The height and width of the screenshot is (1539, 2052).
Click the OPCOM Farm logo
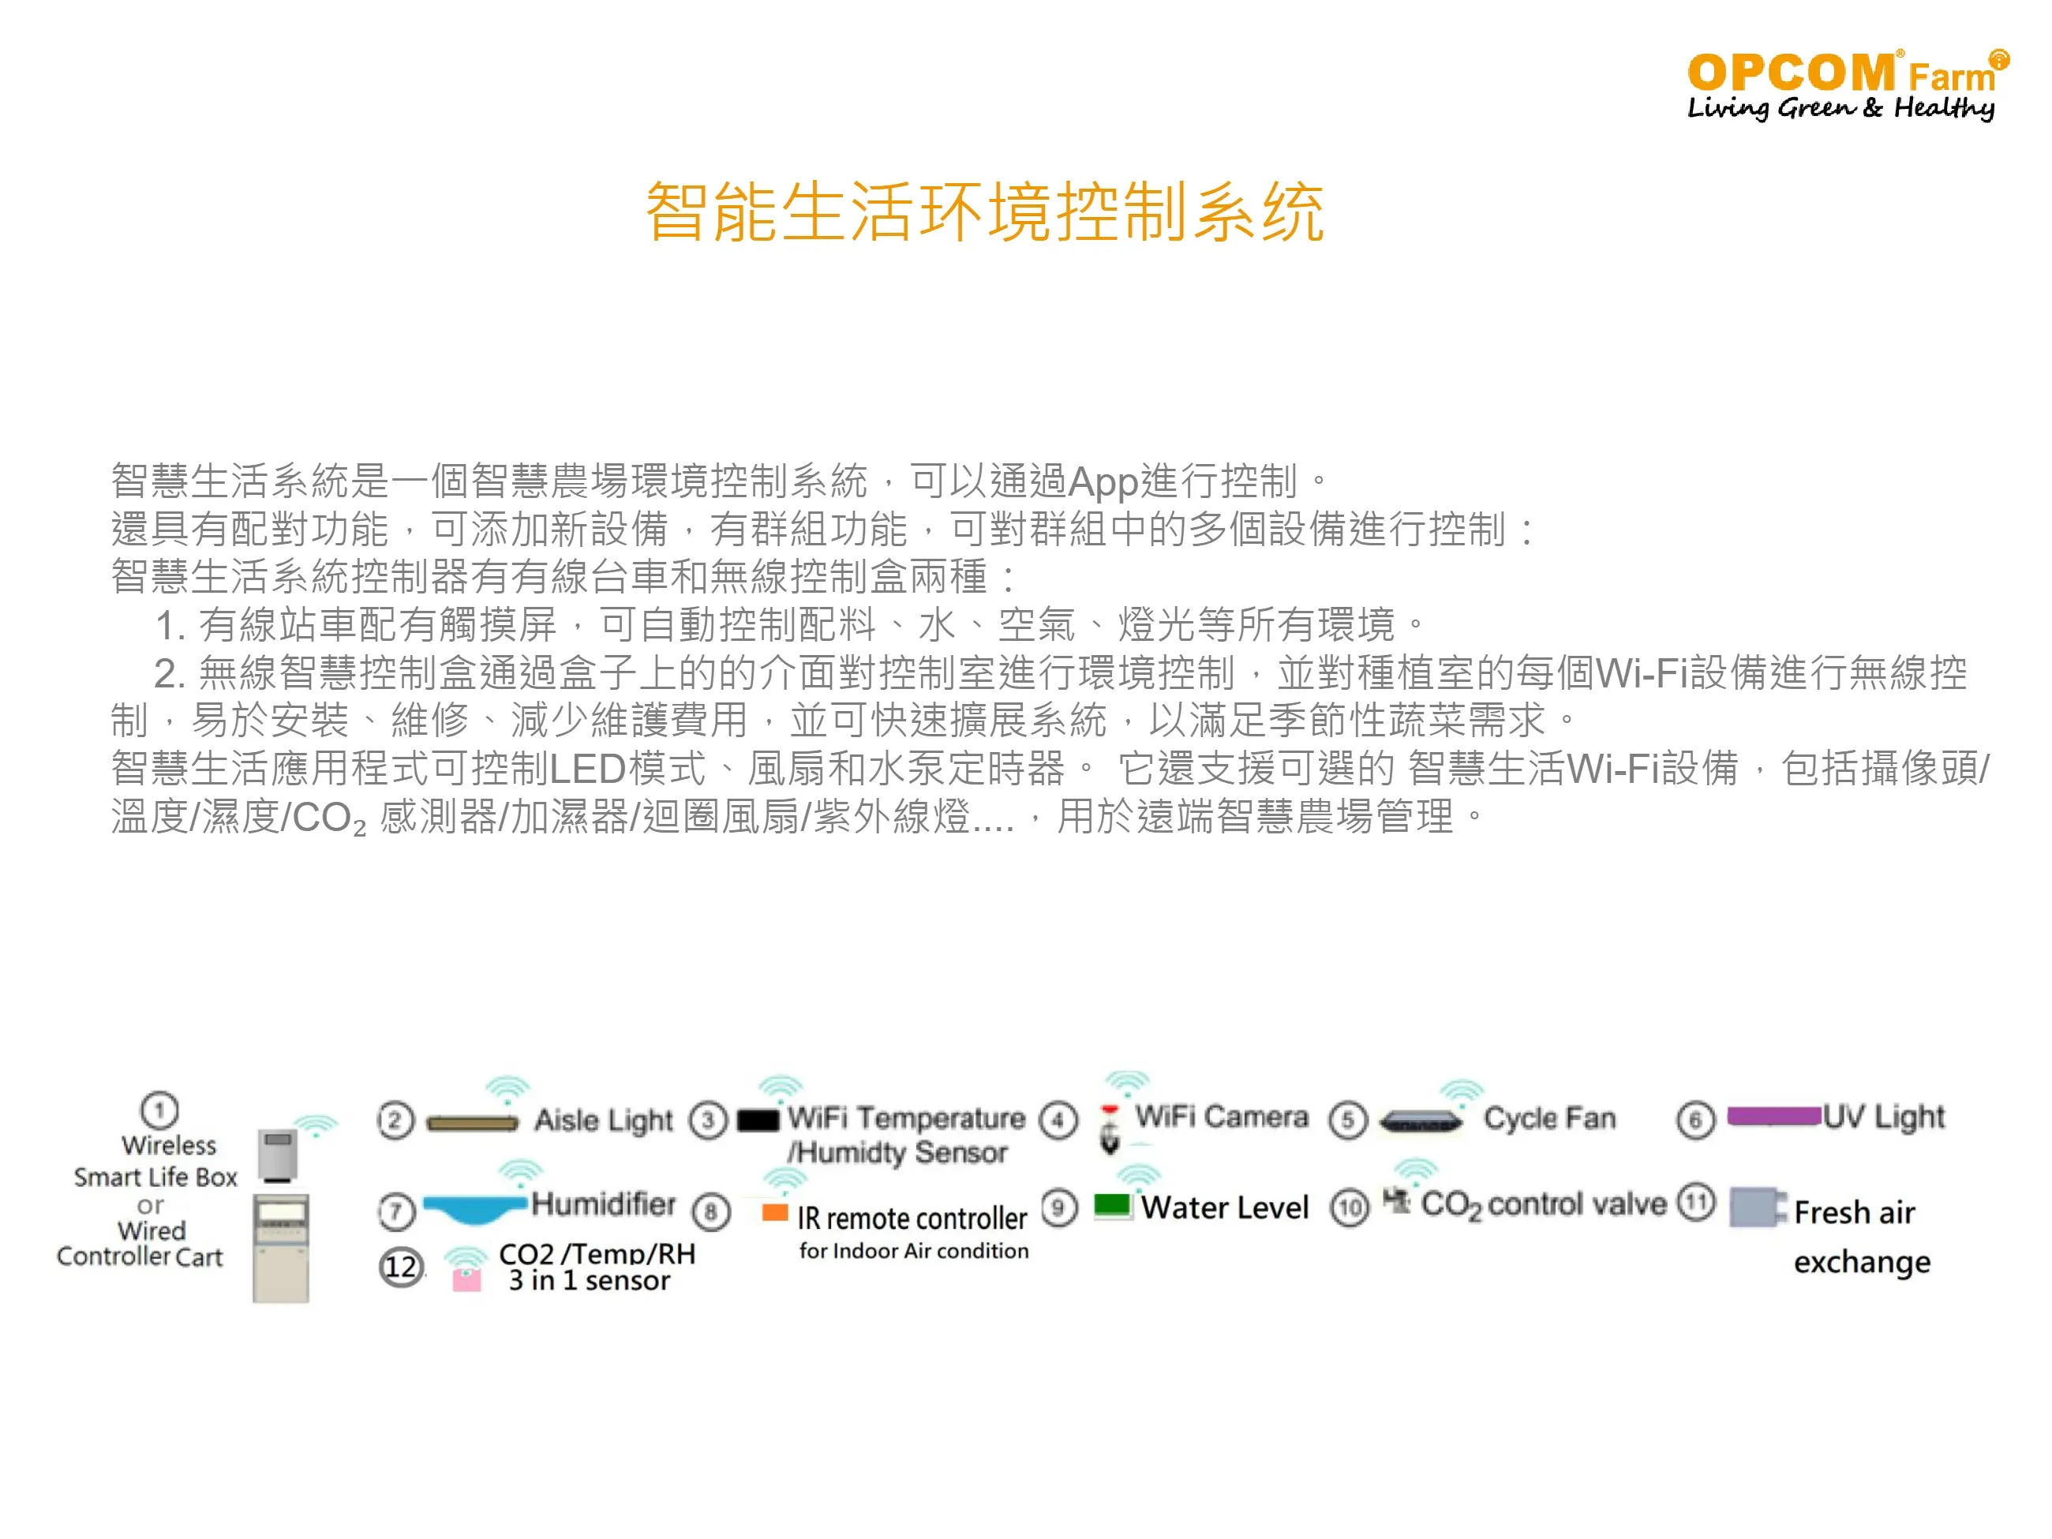tap(1847, 84)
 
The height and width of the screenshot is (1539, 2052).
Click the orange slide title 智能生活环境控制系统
tap(985, 212)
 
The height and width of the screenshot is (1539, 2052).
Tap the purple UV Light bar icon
tap(1773, 1115)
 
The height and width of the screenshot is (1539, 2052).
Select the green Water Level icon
tap(1112, 1205)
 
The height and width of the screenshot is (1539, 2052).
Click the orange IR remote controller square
tap(774, 1211)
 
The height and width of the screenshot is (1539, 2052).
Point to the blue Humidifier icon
tap(475, 1208)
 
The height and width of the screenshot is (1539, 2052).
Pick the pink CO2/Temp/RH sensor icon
tap(466, 1280)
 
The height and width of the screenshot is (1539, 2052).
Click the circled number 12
tap(401, 1268)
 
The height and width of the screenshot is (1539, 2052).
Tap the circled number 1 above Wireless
tap(159, 1110)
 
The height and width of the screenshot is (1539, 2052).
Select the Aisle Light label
tap(603, 1121)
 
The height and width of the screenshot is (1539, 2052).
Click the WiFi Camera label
tap(1222, 1116)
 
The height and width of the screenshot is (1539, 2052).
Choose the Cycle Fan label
tap(1549, 1118)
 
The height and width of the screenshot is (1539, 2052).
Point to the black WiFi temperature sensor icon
tap(758, 1121)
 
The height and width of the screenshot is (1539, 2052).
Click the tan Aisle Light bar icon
tap(472, 1123)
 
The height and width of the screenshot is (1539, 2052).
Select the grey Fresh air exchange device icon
tap(1755, 1207)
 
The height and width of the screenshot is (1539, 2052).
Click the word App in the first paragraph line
tap(1103, 481)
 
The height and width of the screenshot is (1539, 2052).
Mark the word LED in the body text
tap(588, 769)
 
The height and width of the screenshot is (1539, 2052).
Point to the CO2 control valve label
tap(1544, 1204)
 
